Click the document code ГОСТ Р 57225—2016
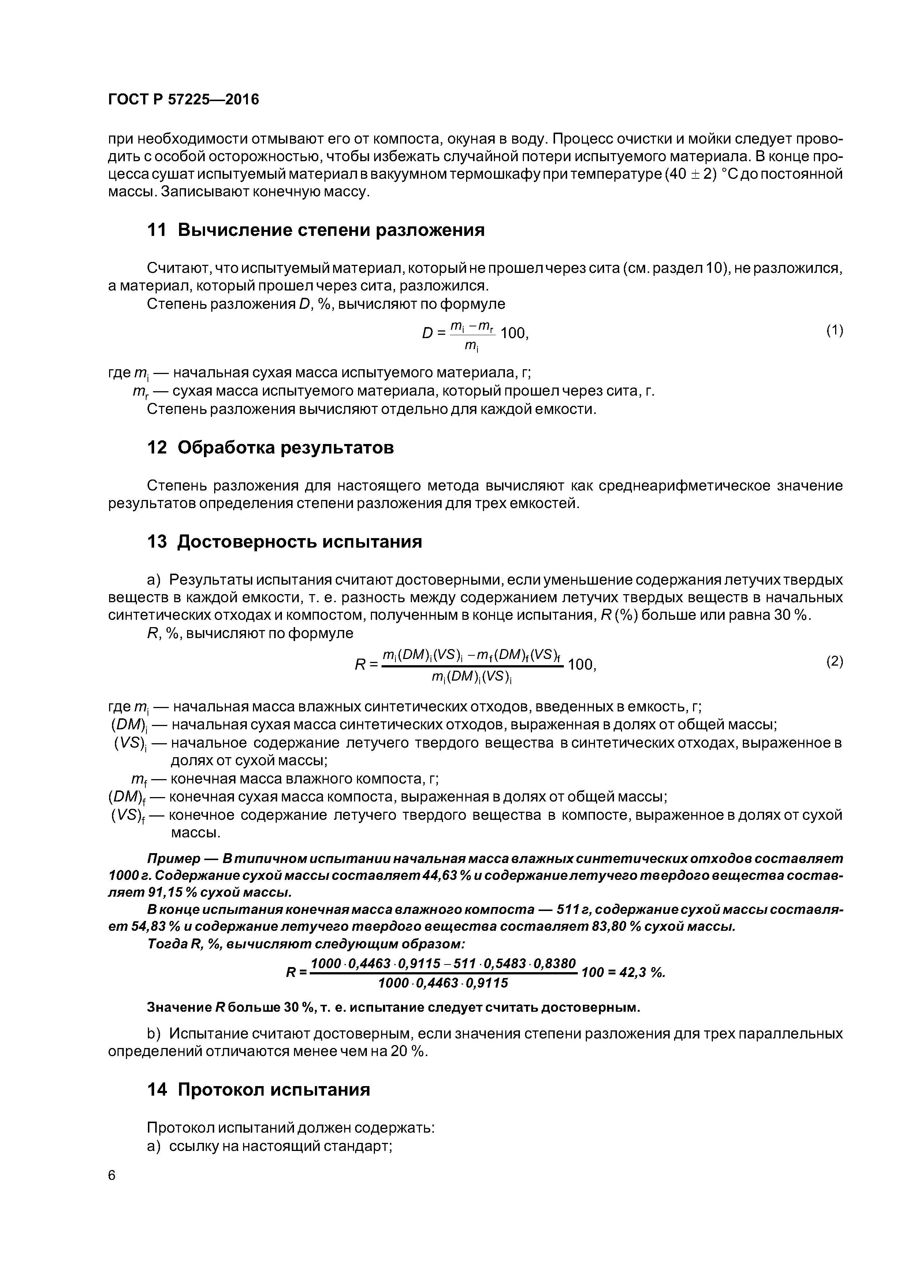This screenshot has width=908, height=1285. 183,100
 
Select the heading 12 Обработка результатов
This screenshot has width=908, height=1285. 270,448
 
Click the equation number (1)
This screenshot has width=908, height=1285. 834,331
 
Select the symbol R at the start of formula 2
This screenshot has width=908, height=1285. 360,665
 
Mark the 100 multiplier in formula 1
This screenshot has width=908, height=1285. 513,334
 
